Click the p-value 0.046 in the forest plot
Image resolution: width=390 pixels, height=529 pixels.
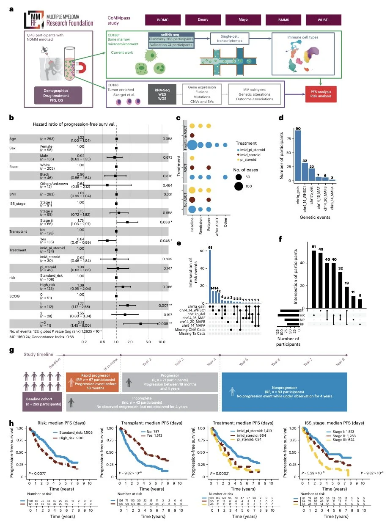pos(166,240)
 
